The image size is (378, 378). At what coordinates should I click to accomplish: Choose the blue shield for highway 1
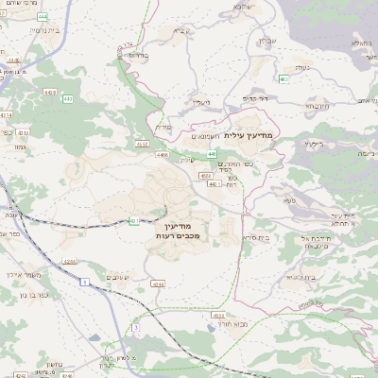84,281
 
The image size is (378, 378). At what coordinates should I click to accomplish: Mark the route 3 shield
136,327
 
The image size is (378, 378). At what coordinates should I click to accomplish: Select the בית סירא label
257,237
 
